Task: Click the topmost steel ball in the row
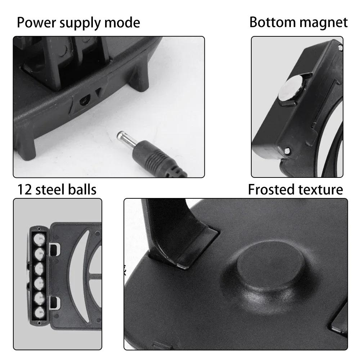point(39,238)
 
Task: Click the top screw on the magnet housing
point(340,46)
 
